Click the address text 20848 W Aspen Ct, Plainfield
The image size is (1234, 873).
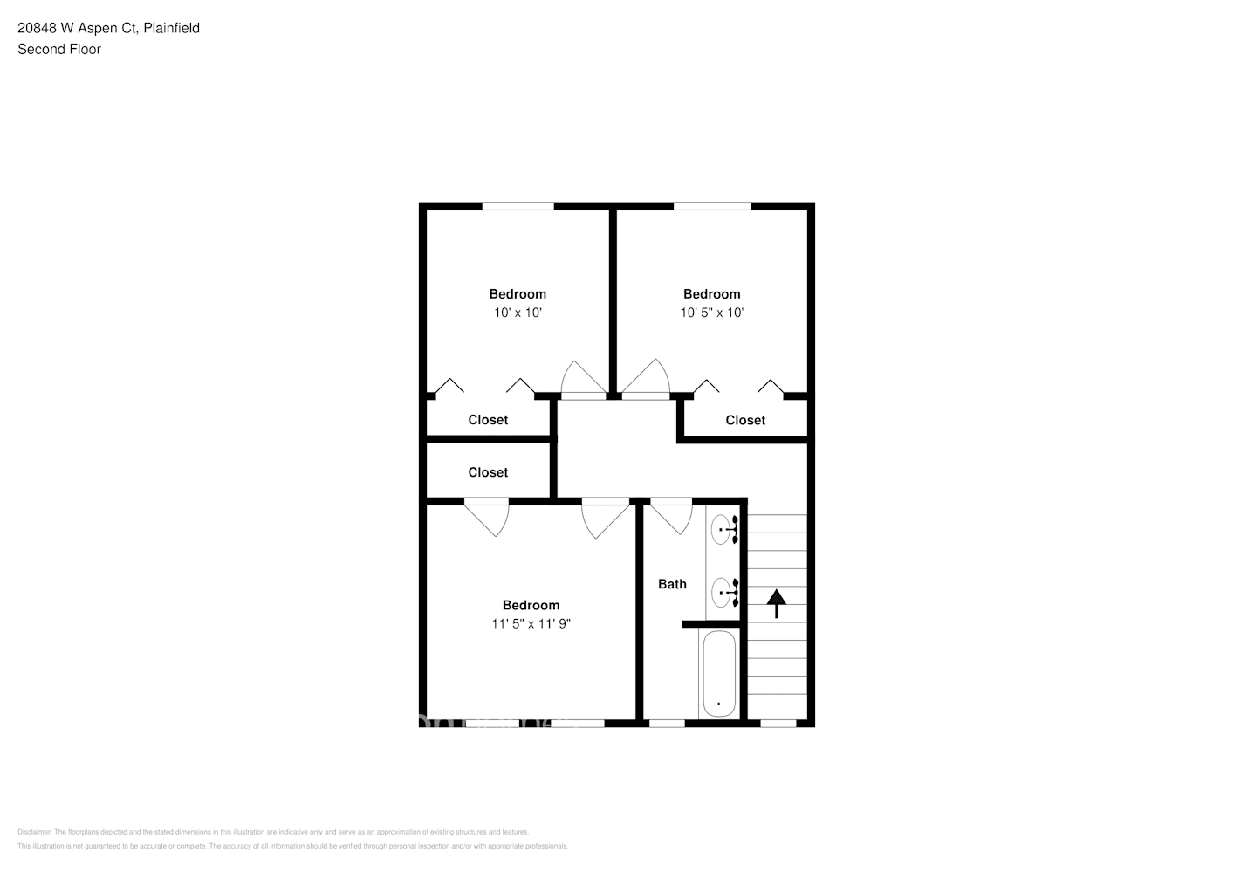108,28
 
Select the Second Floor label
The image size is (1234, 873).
59,49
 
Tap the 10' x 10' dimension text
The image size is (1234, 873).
518,313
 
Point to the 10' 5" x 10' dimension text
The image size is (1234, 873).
711,313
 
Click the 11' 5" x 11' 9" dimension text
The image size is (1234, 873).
531,623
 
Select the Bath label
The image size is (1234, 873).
672,584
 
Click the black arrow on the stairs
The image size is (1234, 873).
776,602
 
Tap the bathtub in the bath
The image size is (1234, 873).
718,674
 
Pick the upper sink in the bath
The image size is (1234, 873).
723,529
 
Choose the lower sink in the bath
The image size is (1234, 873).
723,592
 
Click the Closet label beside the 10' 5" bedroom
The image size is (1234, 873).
745,420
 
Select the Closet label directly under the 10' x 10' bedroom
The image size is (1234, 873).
488,420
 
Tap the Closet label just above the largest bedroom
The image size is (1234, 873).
488,472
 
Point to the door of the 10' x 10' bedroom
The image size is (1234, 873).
583,380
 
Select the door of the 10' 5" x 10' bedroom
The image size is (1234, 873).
646,380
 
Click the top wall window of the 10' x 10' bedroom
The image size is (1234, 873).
518,206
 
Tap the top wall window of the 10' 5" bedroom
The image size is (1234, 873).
712,206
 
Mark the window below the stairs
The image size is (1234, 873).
778,723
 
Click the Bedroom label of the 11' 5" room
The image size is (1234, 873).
531,605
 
